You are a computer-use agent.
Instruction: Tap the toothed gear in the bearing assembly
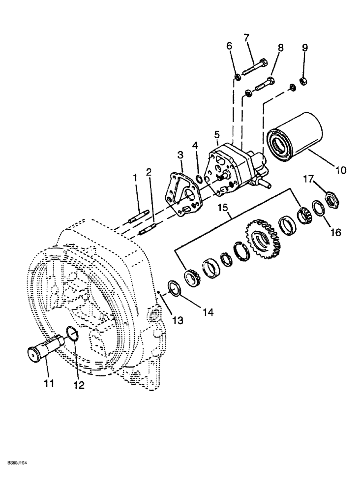[x=263, y=241]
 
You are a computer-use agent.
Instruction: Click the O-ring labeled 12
[x=72, y=336]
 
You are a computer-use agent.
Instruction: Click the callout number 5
[x=217, y=135]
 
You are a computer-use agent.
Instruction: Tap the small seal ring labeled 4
[x=198, y=177]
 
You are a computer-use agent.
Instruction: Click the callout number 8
[x=281, y=48]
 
